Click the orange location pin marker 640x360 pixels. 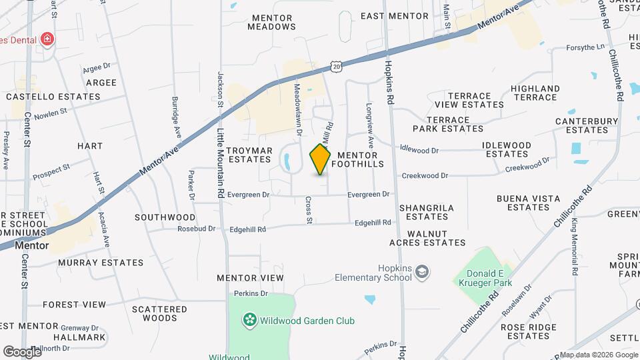point(320,159)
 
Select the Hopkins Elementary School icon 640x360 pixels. point(421,271)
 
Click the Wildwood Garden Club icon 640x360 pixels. point(249,321)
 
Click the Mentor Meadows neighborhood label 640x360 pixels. point(271,22)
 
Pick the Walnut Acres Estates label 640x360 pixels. point(436,238)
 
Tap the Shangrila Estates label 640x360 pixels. point(427,212)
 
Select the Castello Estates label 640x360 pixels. point(53,97)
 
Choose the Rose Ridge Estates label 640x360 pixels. point(529,331)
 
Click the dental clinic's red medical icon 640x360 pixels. point(47,39)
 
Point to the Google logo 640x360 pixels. point(21,351)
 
